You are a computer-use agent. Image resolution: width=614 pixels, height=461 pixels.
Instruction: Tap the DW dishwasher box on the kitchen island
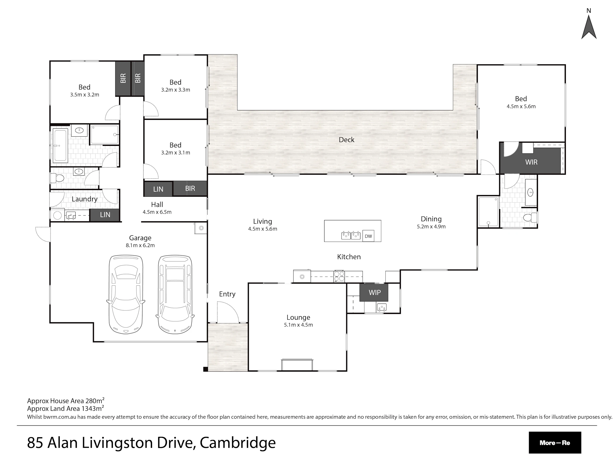[368, 236]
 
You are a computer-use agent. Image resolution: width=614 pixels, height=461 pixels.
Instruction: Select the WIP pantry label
[375, 292]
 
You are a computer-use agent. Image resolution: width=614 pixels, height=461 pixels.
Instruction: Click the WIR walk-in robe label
[531, 162]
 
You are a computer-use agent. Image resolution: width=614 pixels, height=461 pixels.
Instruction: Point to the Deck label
[346, 140]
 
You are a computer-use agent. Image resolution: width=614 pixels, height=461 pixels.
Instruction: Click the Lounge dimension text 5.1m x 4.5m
[298, 325]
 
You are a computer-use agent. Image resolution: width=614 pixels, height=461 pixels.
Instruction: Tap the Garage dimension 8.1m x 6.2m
[140, 245]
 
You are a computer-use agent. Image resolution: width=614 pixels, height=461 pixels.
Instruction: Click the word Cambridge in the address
[238, 443]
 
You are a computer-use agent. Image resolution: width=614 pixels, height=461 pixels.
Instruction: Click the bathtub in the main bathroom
[60, 145]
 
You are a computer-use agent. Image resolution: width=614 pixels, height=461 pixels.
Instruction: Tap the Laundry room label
[85, 199]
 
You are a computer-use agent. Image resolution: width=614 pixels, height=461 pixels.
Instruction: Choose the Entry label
[227, 294]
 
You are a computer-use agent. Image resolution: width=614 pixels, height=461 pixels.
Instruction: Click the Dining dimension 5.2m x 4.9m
[431, 226]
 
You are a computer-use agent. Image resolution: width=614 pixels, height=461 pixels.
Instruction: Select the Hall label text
[157, 204]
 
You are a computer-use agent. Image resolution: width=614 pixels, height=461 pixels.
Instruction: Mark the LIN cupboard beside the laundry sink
[105, 215]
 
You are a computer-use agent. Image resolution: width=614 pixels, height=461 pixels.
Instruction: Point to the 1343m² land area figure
[92, 408]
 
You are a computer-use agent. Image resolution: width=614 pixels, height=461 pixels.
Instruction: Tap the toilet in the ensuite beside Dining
[530, 217]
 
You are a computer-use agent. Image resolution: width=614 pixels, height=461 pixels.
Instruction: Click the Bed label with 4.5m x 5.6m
[521, 99]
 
